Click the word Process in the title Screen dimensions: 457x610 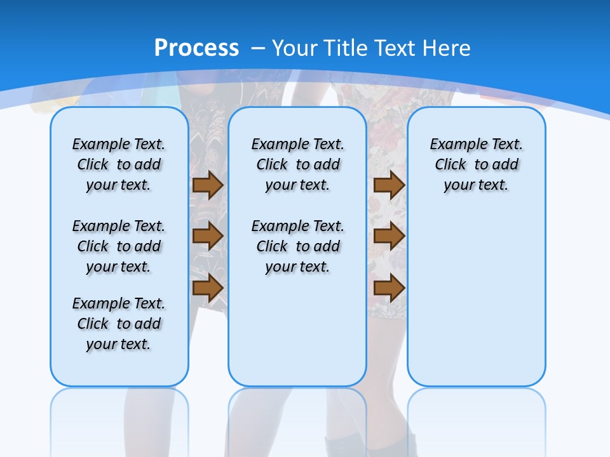point(196,48)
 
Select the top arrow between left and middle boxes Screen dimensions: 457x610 point(208,185)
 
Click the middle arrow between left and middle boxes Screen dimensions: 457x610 point(208,236)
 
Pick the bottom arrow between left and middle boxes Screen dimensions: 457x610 point(208,288)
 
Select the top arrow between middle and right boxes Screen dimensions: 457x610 point(389,185)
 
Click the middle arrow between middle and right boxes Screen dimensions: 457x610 point(389,236)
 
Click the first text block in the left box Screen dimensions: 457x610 point(119,164)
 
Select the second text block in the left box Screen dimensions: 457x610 point(119,246)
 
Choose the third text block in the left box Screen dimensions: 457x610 point(119,324)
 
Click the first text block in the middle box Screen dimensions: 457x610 point(297,164)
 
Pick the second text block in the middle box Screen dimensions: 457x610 point(297,246)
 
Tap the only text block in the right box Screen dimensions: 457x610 point(476,164)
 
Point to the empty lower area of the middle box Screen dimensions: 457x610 point(297,330)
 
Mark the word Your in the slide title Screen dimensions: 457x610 point(295,48)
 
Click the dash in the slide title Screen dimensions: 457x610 point(258,48)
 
